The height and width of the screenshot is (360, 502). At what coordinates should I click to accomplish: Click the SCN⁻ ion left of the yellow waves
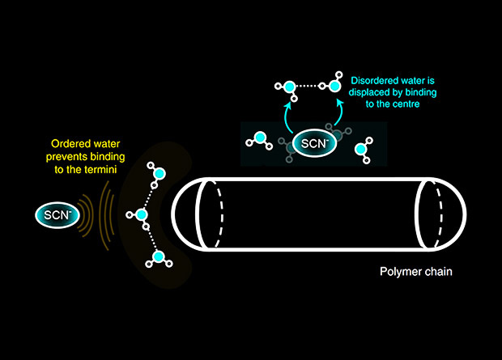coord(53,214)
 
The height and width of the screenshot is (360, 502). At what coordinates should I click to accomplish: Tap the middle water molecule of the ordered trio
coord(140,216)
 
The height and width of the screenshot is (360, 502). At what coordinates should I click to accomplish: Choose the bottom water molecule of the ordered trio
coord(159,258)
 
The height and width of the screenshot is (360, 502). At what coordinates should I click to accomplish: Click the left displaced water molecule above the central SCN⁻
coord(283,87)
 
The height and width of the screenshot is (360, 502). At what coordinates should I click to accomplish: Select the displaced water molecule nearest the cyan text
coord(334,84)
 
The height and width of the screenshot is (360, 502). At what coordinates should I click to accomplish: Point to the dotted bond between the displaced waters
coord(308,85)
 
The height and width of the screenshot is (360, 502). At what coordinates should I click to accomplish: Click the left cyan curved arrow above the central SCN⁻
coord(287,118)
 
